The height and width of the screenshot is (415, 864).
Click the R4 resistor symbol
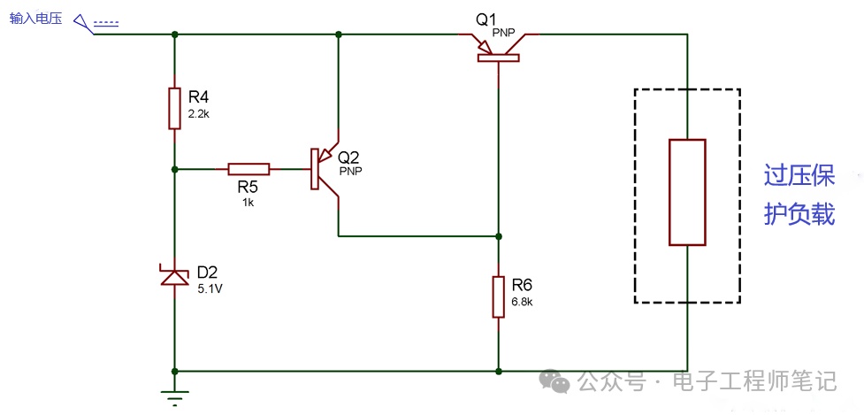coord(175,108)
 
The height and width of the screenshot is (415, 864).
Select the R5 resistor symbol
coord(249,169)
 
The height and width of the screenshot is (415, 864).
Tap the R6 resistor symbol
coord(499,297)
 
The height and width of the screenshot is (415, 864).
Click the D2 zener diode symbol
coord(175,276)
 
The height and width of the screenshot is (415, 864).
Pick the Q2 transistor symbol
coord(325,169)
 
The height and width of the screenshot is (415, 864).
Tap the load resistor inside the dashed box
coord(687,192)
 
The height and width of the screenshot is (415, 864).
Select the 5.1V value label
coord(210,288)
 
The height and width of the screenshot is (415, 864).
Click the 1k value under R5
coord(248,203)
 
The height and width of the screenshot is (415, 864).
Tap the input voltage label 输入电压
coord(36,19)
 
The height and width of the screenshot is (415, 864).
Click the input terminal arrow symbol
coord(83,24)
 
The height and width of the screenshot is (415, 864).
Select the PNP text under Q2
coord(351,171)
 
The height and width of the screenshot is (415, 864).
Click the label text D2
coord(210,273)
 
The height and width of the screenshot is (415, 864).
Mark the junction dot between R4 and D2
coord(175,169)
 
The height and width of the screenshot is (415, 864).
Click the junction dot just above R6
coord(499,236)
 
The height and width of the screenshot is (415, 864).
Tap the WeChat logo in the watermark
coord(554,381)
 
